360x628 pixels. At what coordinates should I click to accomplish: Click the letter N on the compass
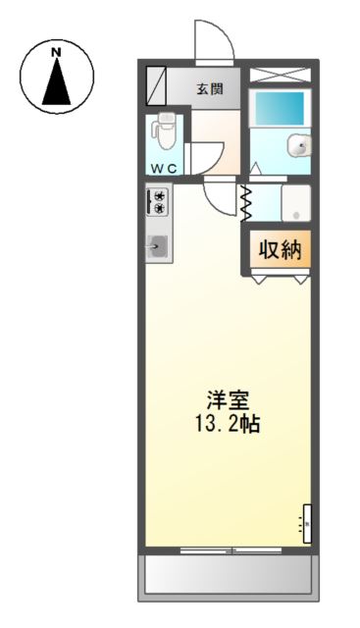click(57, 51)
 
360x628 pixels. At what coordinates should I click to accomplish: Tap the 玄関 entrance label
click(209, 89)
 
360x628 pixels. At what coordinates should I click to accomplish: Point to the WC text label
click(164, 168)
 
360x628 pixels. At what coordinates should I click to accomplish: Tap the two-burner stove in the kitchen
click(157, 202)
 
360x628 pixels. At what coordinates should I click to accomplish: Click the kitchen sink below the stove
click(159, 246)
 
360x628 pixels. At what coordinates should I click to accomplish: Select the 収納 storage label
click(279, 250)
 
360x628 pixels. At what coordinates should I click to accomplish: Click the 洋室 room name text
click(228, 400)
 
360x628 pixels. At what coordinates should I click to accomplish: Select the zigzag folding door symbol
click(246, 203)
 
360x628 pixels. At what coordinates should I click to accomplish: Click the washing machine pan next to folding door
click(294, 204)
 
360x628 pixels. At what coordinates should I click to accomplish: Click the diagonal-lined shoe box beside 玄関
click(157, 86)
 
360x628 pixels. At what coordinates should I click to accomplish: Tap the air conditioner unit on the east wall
click(306, 525)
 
